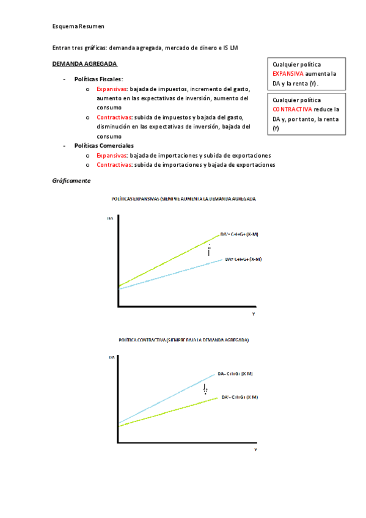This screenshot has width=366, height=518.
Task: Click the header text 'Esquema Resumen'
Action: pos(78,27)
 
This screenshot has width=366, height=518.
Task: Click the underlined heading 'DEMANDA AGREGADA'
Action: pos(84,64)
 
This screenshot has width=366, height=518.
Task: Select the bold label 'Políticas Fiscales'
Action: pos(98,79)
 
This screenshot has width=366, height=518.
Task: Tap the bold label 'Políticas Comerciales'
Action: pos(103,146)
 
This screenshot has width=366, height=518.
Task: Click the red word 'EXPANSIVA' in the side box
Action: pos(288,73)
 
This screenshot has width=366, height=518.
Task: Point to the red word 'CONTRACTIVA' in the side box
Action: pos(292,109)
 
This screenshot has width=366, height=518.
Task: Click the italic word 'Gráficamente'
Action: pos(71,181)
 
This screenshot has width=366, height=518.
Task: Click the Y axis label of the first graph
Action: pos(254,313)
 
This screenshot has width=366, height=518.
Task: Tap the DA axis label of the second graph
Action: pos(112,356)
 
